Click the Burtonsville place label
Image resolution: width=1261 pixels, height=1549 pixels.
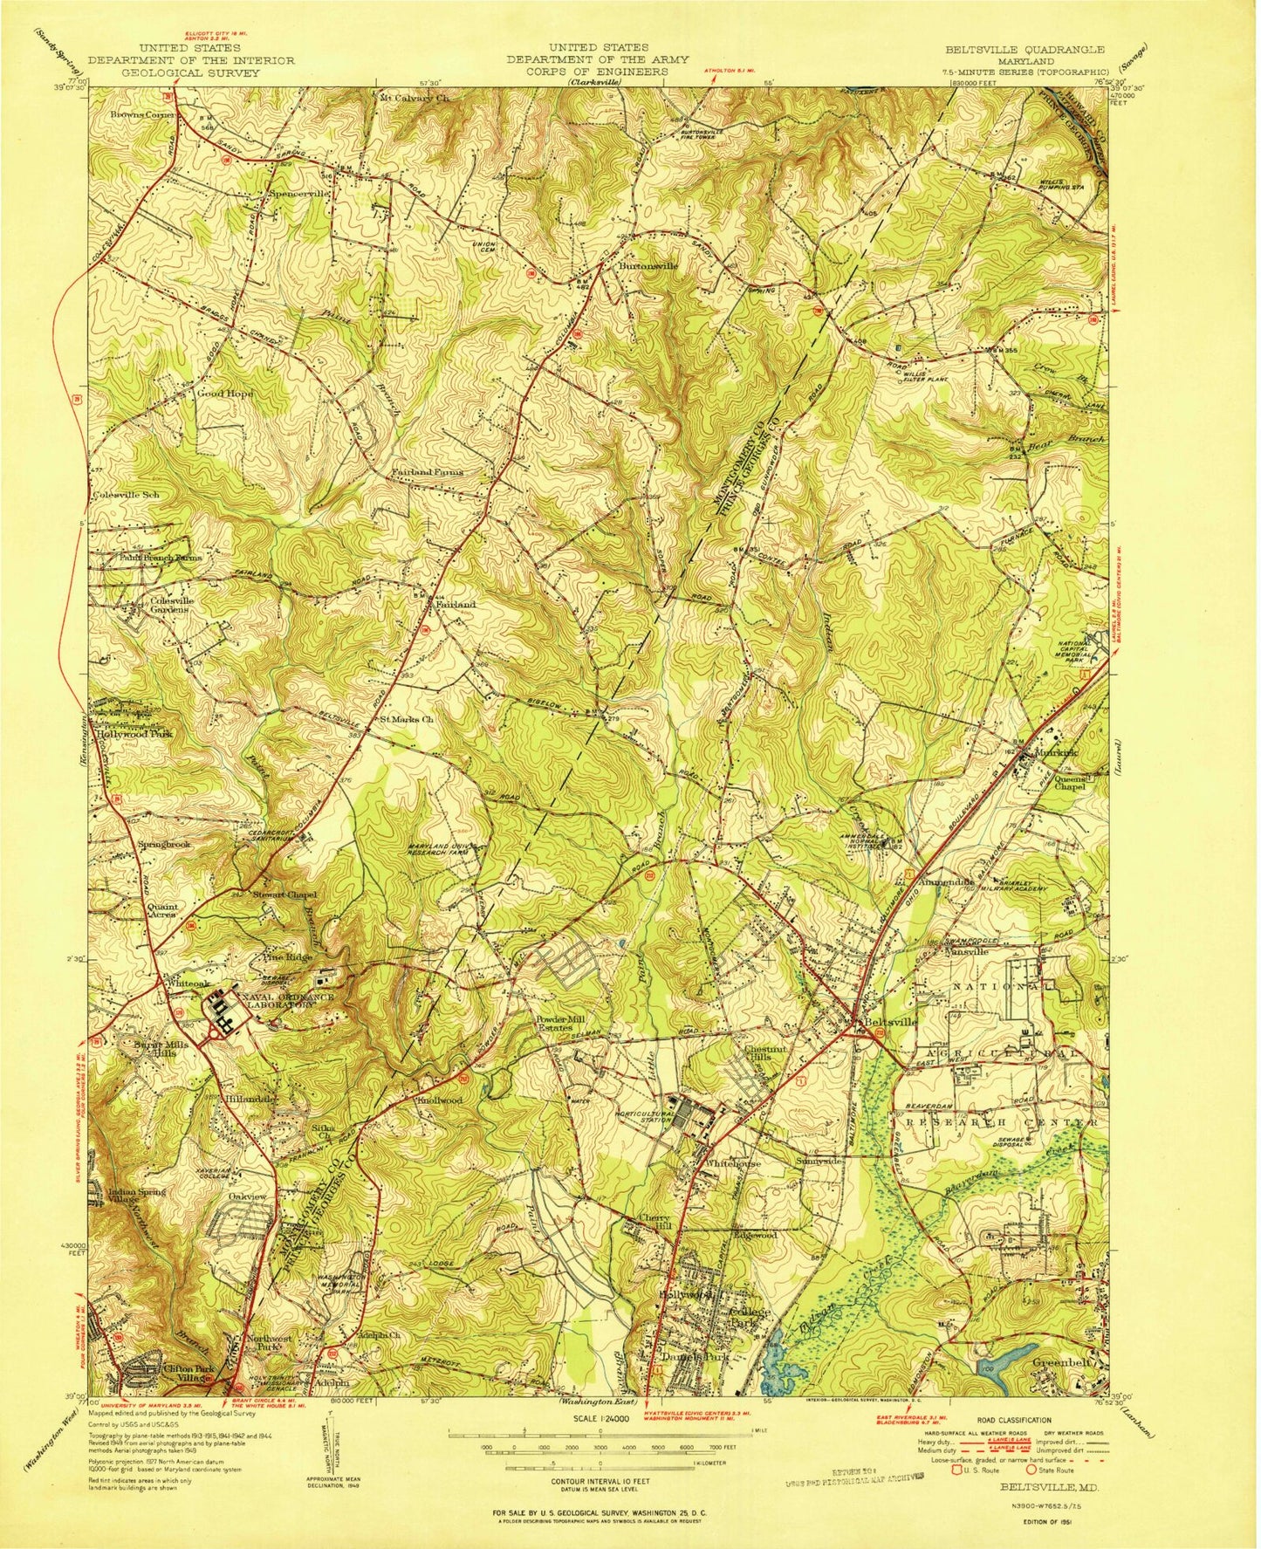(x=648, y=264)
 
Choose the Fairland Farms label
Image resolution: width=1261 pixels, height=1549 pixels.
(x=427, y=472)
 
